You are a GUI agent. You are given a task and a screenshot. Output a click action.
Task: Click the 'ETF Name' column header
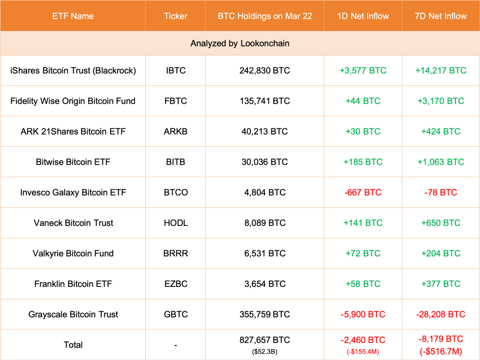(73, 16)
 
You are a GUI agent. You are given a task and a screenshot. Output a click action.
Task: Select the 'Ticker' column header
(175, 16)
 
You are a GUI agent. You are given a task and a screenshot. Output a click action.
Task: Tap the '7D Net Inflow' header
(441, 16)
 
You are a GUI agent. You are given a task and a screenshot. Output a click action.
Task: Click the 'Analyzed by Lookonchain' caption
(240, 44)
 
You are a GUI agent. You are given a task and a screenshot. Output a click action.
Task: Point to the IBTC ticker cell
(175, 70)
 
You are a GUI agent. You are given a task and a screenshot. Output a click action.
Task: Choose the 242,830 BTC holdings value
(264, 70)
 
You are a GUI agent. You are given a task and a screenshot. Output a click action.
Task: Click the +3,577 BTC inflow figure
(363, 70)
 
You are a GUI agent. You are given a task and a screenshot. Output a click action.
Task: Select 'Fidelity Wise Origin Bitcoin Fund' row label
(73, 101)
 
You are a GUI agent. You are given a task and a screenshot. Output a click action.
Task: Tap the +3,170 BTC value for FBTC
(441, 101)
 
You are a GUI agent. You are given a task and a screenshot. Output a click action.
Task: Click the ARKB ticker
(175, 131)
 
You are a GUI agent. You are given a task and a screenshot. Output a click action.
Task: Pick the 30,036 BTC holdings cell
(264, 162)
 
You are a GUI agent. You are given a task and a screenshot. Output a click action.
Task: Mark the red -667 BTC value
(363, 192)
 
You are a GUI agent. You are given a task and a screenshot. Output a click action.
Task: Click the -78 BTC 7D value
(441, 192)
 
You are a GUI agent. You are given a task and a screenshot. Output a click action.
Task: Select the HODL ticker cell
(175, 223)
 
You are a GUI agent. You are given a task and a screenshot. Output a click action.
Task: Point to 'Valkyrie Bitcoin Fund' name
(73, 253)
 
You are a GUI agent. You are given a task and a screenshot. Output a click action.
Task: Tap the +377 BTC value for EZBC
(441, 284)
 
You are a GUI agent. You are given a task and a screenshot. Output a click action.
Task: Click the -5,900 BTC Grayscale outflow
(363, 314)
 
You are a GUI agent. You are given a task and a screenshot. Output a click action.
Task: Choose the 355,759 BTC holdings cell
(264, 314)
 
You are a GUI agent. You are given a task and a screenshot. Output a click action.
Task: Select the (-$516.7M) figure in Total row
(441, 351)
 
